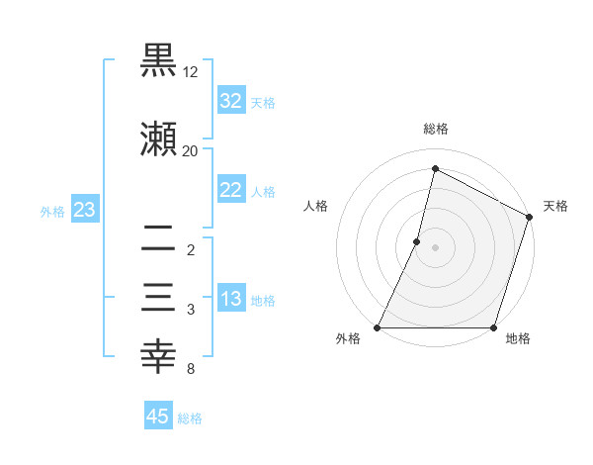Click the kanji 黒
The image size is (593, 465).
159,61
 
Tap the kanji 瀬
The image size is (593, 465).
159,139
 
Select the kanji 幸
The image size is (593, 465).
159,356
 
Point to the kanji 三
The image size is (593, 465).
159,298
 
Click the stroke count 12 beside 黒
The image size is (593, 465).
191,73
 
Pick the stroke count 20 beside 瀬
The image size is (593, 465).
191,150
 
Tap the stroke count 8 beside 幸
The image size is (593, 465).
190,370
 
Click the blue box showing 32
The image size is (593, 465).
231,101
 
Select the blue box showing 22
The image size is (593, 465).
231,190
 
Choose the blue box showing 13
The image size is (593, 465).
231,299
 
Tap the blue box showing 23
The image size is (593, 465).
85,210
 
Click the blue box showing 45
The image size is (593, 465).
158,417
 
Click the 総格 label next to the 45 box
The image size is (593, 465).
190,418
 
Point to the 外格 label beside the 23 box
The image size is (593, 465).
52,211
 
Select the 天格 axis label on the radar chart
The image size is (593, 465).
555,206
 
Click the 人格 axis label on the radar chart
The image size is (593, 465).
316,206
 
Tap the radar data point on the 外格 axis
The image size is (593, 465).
378,327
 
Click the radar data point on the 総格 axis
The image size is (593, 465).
435,168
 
